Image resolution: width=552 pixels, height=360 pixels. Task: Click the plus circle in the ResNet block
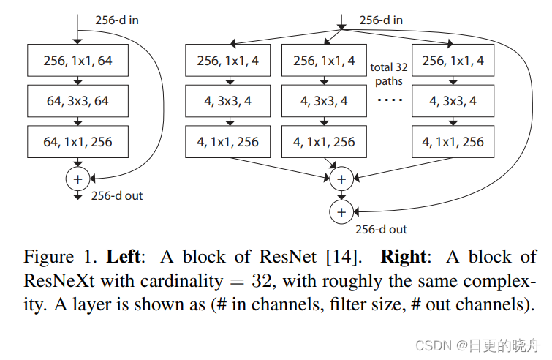(x=77, y=179)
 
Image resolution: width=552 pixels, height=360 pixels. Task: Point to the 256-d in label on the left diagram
(x=117, y=20)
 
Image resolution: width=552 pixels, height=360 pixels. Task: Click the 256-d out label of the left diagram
(x=117, y=195)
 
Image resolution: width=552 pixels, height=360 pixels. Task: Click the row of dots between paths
(x=388, y=101)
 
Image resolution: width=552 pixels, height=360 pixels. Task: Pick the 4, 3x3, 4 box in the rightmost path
(x=453, y=102)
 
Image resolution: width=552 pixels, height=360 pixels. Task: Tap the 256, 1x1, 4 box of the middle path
(x=324, y=61)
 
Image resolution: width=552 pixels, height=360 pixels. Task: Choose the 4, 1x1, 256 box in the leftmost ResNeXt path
(x=227, y=142)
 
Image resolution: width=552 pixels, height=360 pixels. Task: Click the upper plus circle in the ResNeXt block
(x=340, y=178)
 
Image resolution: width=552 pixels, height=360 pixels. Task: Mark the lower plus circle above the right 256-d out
(x=340, y=212)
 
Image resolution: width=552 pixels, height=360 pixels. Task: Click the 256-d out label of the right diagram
(x=380, y=229)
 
